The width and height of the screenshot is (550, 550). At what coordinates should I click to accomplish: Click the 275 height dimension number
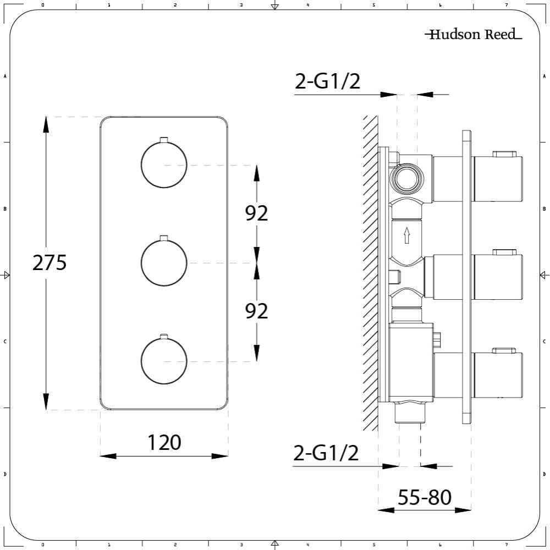pos(50,263)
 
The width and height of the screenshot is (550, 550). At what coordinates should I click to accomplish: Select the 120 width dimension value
pos(164,442)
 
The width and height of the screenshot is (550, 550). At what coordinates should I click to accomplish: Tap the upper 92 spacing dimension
pos(256,213)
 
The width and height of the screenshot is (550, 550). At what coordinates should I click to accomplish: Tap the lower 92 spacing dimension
pos(256,311)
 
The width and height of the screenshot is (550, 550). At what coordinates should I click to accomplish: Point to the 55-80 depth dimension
pos(424,497)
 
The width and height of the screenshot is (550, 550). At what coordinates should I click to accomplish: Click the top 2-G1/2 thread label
pos(327,81)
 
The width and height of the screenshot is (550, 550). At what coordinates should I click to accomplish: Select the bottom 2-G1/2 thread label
pos(326,453)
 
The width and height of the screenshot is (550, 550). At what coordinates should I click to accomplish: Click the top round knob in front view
pos(164,164)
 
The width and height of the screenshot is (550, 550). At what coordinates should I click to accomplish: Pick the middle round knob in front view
pos(164,263)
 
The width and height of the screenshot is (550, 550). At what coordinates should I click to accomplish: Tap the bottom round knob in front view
pos(164,361)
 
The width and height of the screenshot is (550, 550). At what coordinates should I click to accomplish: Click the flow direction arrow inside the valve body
pos(406,235)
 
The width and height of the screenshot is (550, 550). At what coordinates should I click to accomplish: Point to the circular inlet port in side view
pos(406,178)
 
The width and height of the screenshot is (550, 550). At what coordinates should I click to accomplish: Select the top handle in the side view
pos(497,178)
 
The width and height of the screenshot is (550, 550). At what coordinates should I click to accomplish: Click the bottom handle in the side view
pos(497,374)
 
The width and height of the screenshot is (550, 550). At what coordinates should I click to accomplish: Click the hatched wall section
pos(370,275)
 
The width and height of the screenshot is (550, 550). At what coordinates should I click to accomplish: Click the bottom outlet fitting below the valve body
pos(410,413)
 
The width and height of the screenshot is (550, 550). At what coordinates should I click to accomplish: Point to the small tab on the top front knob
pos(163,139)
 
